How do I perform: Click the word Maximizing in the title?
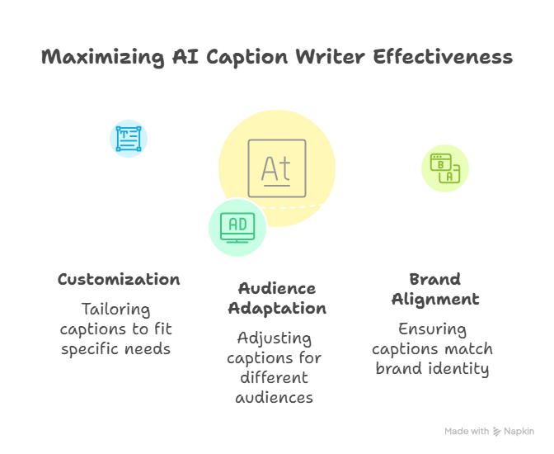pyautogui.click(x=103, y=58)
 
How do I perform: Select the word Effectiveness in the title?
pyautogui.click(x=443, y=57)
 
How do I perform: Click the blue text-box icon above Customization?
pyautogui.click(x=129, y=139)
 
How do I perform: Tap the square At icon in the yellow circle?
pyautogui.click(x=277, y=168)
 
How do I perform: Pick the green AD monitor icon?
pyautogui.click(x=237, y=228)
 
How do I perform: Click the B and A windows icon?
pyautogui.click(x=445, y=168)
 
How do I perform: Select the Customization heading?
pyautogui.click(x=119, y=280)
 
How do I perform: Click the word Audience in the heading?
pyautogui.click(x=277, y=289)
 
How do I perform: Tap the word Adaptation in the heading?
pyautogui.click(x=277, y=309)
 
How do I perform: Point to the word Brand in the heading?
pyautogui.click(x=435, y=279)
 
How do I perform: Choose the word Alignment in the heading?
pyautogui.click(x=435, y=300)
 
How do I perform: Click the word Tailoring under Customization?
pyautogui.click(x=116, y=310)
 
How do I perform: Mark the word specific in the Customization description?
pyautogui.click(x=90, y=349)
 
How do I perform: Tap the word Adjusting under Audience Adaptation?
pyautogui.click(x=275, y=338)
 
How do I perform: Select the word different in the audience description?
pyautogui.click(x=275, y=377)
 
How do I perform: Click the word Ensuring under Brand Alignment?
pyautogui.click(x=433, y=329)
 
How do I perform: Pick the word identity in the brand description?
pyautogui.click(x=458, y=369)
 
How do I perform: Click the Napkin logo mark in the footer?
pyautogui.click(x=497, y=432)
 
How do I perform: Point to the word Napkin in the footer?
pyautogui.click(x=519, y=432)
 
